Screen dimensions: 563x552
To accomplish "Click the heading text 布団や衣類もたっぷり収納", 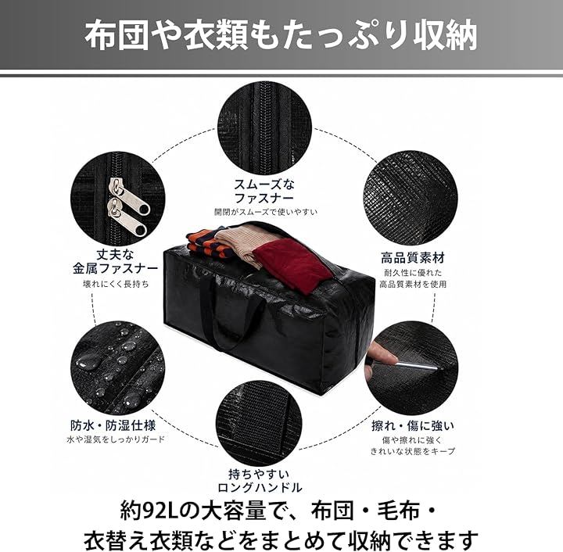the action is [281, 35].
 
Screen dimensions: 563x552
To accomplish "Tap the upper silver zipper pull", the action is [128, 196].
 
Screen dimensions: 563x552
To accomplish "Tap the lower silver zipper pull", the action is [126, 219].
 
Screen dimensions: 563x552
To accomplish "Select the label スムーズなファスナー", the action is [264, 191].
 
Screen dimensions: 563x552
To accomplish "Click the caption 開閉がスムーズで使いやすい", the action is [266, 212].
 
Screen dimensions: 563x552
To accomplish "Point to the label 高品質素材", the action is [413, 258].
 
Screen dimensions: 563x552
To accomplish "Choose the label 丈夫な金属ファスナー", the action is [116, 262].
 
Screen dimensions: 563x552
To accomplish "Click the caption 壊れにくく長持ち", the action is [116, 285].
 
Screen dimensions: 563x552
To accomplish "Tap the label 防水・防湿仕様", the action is [113, 425].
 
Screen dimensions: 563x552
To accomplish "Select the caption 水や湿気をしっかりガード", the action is [116, 439].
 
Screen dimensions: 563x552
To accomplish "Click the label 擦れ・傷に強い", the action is [413, 426].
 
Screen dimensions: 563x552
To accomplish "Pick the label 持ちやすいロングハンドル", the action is [260, 481].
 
